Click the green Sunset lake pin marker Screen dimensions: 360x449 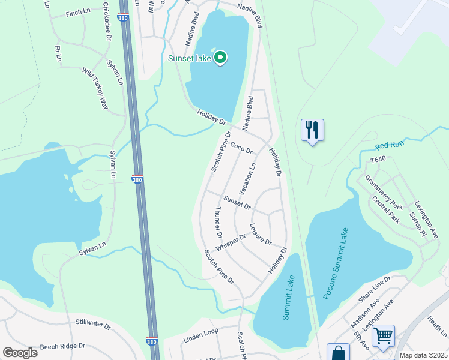tap(220, 58)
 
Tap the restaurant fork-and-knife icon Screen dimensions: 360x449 tap(312, 130)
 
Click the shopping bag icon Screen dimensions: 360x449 tap(337, 353)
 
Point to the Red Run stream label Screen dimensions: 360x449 tap(390, 144)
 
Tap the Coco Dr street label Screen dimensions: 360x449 tap(241, 146)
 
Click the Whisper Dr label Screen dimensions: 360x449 tap(231, 242)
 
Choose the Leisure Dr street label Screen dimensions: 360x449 tap(261, 235)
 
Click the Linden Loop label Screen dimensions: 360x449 tap(200, 332)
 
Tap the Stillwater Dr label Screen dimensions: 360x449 tap(93, 325)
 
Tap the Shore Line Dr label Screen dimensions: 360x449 tap(375, 288)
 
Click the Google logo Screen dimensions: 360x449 tap(20, 353)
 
